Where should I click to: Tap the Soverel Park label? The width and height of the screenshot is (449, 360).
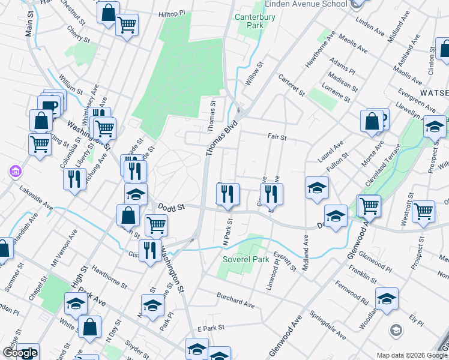click(x=246, y=260)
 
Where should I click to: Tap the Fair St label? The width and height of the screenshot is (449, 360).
click(x=277, y=137)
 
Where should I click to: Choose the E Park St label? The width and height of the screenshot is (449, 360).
click(x=210, y=328)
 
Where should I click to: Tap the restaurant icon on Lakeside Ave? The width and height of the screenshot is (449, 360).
click(x=75, y=179)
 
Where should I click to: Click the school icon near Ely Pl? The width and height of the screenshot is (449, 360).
click(x=387, y=298)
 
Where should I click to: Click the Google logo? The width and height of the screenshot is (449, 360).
click(x=20, y=353)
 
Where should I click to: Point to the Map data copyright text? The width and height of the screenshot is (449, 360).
click(x=411, y=355)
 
